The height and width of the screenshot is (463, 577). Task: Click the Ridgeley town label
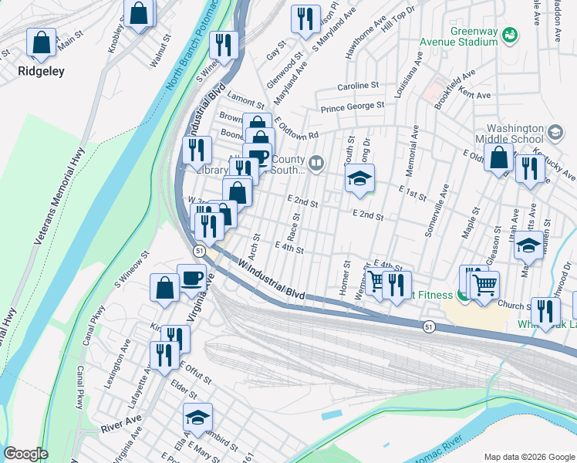click(x=42, y=70)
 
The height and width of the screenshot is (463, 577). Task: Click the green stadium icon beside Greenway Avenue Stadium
click(x=509, y=35)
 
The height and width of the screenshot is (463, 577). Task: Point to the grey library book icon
click(x=315, y=163)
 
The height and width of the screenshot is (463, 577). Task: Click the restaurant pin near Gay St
click(x=306, y=19)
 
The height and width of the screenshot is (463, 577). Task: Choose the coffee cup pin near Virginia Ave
click(x=191, y=279)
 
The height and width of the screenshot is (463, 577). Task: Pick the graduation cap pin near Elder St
click(x=197, y=417)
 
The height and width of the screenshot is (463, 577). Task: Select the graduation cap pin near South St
click(x=359, y=179)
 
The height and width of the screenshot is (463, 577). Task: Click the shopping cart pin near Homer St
click(x=376, y=282)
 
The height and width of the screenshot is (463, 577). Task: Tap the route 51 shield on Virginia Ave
click(x=199, y=251)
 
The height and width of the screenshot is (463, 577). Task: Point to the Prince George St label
click(x=353, y=106)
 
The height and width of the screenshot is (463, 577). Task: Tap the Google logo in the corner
click(x=25, y=454)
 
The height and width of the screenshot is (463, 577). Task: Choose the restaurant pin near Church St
click(x=545, y=311)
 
